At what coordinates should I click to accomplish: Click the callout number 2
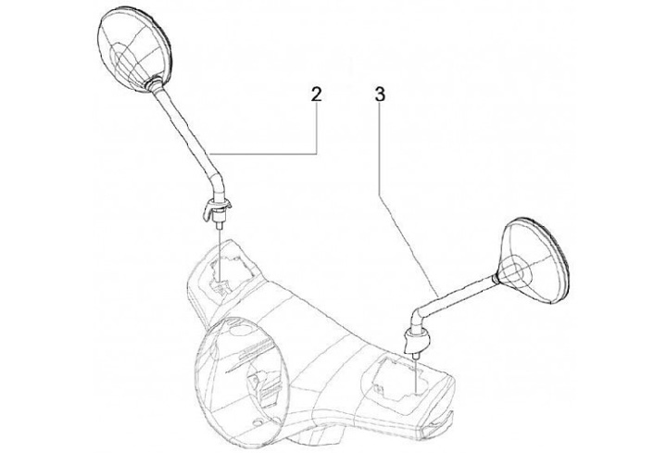coord(316,94)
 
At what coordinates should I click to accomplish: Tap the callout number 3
coord(380,94)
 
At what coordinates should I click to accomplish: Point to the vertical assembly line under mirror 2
coord(220,245)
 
